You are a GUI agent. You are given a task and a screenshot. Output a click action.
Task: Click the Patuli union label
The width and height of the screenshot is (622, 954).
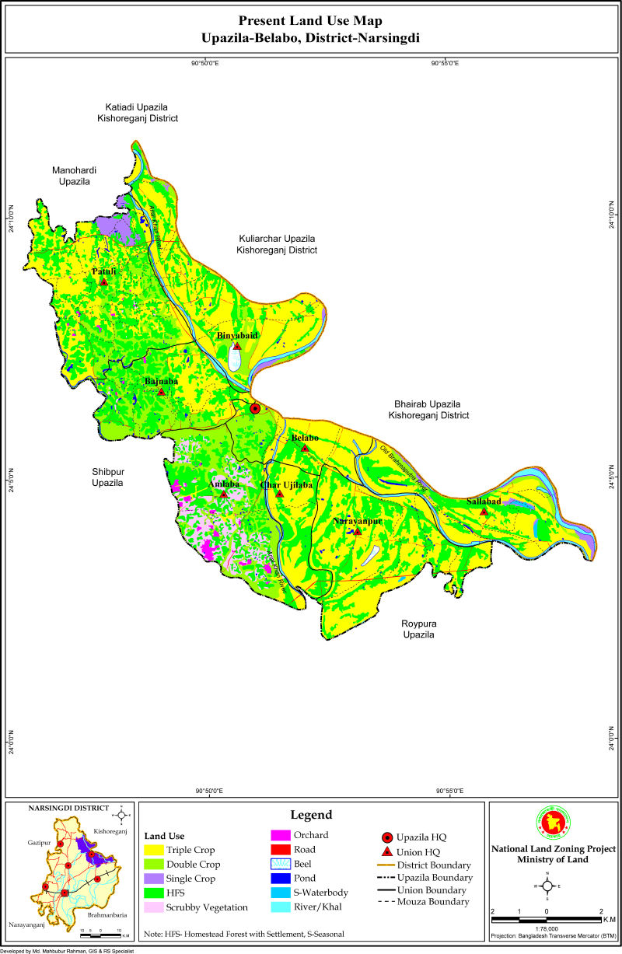click(103, 271)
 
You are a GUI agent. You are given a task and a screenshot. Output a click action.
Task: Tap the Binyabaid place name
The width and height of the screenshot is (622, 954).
click(237, 335)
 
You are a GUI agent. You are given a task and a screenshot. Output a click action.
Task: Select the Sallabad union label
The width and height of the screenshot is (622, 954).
click(484, 501)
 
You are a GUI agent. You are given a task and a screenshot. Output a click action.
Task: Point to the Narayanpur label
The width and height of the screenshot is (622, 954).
click(357, 521)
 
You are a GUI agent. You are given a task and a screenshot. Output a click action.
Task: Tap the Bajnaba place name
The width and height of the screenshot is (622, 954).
click(161, 382)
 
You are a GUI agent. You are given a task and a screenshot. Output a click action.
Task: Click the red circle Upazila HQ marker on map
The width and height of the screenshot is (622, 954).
click(254, 408)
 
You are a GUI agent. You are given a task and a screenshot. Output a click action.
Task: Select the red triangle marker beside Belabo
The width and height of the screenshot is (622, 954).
click(306, 449)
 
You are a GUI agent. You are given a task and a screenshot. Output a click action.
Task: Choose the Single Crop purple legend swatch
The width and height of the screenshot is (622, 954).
click(155, 879)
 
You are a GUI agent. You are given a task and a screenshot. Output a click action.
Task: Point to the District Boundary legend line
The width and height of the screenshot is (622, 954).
click(386, 865)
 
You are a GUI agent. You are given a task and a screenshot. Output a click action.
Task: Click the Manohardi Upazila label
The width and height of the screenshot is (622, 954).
click(72, 176)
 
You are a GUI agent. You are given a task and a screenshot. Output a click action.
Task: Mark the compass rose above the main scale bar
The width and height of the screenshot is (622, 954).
click(547, 885)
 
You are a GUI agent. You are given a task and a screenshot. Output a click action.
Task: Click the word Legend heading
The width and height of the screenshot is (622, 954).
click(311, 815)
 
